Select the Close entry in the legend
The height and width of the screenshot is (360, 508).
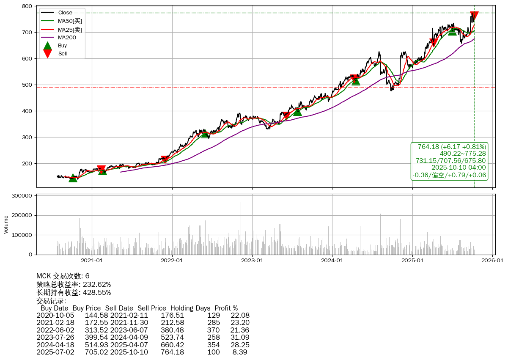point(65,13)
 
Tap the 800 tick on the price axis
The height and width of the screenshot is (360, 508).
point(27,6)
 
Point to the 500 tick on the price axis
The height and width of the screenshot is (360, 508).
point(27,85)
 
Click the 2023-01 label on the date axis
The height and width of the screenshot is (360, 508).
point(252,261)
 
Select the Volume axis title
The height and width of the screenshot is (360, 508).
point(6,224)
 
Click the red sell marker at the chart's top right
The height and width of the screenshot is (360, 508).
point(474,16)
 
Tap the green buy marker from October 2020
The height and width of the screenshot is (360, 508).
point(73,178)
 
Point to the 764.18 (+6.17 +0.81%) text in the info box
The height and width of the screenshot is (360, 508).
point(452,147)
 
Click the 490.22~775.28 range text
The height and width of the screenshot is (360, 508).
point(463,154)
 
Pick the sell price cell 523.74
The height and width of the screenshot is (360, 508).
point(172,337)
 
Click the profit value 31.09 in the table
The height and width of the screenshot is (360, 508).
point(240,337)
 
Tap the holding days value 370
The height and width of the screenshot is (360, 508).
point(213,330)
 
